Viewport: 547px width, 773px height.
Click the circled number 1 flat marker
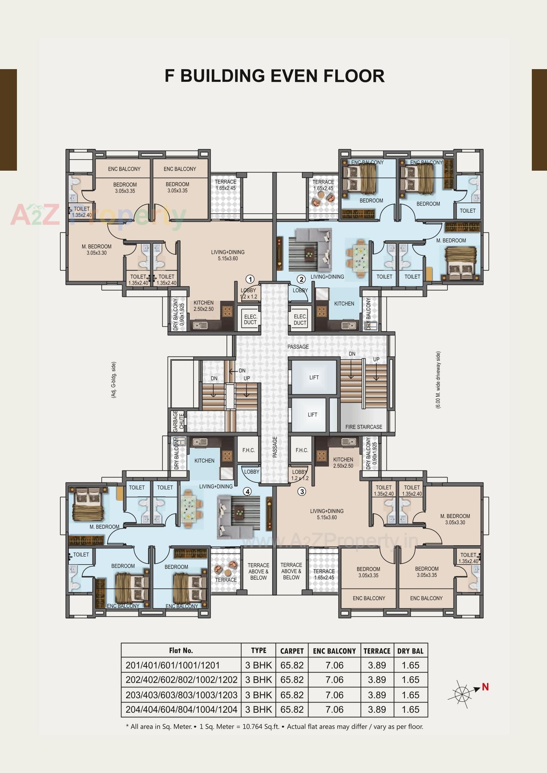point(250,279)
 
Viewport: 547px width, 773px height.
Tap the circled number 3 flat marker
point(301,491)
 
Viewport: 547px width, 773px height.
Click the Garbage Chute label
point(178,421)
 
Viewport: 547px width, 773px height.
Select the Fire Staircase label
point(363,427)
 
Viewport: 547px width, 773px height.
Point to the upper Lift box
point(314,377)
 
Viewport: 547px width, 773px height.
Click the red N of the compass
point(485,687)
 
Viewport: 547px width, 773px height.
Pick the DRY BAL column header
point(410,651)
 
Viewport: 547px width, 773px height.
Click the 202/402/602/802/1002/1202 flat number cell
point(181,680)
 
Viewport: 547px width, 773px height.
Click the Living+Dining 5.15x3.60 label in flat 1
point(228,255)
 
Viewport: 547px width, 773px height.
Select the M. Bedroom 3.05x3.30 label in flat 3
point(455,519)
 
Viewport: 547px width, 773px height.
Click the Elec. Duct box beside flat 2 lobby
point(300,319)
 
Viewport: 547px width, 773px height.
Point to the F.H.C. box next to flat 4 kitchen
point(248,450)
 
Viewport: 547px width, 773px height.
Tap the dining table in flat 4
point(191,510)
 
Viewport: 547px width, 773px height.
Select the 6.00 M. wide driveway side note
point(438,380)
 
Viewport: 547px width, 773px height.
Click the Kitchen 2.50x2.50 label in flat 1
point(204,306)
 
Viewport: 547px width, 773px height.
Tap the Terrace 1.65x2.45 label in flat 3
point(324,574)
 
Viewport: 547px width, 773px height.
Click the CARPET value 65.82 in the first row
point(292,665)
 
